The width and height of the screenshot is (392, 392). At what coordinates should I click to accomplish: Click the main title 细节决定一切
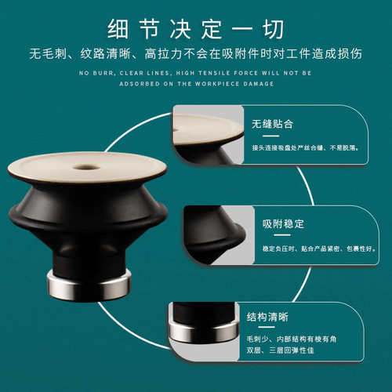pyautogui.click(x=196, y=24)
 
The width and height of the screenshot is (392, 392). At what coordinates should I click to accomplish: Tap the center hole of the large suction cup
pyautogui.click(x=86, y=166)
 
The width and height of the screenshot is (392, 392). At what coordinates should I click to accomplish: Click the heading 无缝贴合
pyautogui.click(x=273, y=124)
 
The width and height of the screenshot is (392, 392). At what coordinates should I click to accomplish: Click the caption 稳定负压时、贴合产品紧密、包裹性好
pyautogui.click(x=313, y=249)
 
